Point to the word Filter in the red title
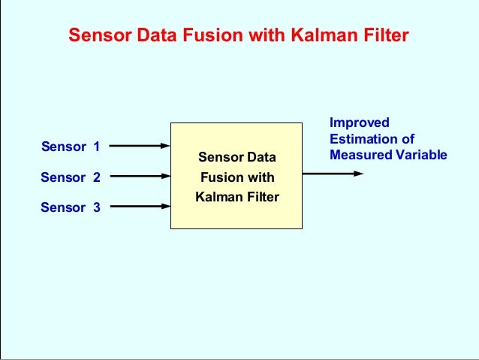tap(386, 35)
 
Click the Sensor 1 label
tap(71, 147)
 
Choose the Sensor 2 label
tap(71, 177)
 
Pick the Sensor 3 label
tap(71, 207)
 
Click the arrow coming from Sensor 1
tap(140, 146)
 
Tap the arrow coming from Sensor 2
tap(140, 177)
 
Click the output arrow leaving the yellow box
tap(333, 174)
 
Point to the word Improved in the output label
tap(360, 123)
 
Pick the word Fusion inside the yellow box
tap(220, 178)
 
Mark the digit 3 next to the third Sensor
tap(96, 207)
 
